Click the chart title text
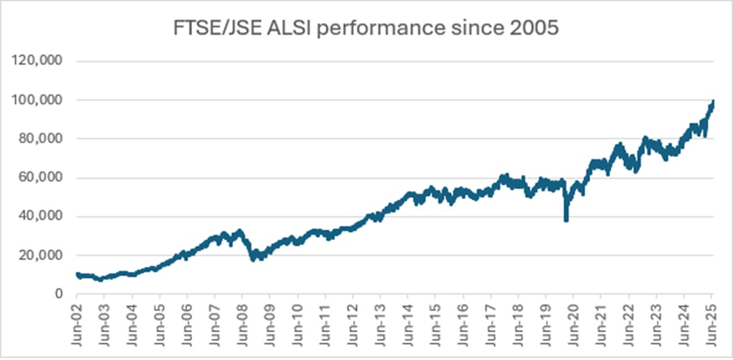[x=366, y=31]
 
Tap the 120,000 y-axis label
[x=39, y=61]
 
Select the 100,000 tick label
[x=39, y=100]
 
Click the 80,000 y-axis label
[x=43, y=139]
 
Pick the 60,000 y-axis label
[x=43, y=178]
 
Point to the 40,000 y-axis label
[x=43, y=217]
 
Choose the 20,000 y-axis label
[x=43, y=255]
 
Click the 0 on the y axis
[x=60, y=294]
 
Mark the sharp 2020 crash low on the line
[x=565, y=220]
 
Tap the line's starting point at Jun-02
[x=77, y=274]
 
